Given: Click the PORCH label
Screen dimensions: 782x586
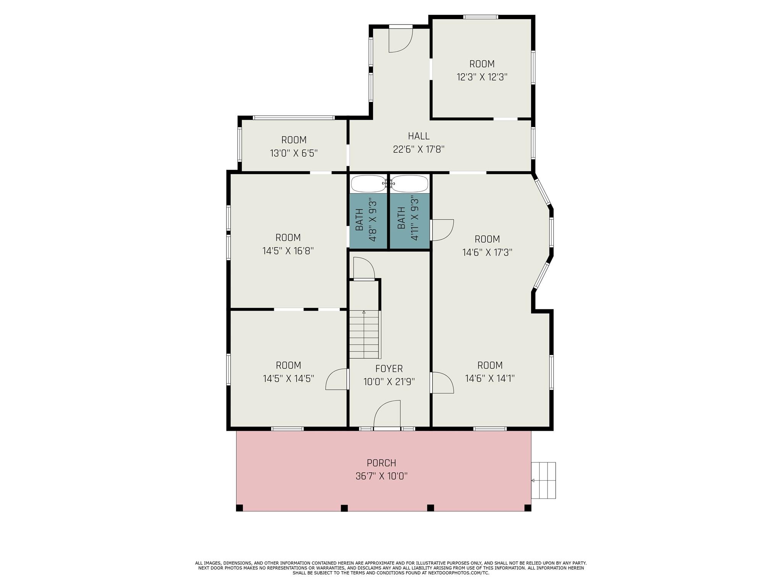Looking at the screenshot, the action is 381,463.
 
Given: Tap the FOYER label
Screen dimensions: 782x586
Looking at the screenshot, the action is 389,369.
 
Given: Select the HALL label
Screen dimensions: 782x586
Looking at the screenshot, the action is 418,136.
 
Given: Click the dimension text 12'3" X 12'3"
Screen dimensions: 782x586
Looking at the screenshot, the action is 482,77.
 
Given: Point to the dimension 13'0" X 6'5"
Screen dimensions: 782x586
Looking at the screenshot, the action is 294,153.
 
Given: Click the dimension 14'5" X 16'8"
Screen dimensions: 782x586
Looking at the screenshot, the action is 288,251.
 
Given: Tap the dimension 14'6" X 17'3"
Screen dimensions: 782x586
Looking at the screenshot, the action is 487,252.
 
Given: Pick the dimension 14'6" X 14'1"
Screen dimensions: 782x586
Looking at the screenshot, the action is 490,378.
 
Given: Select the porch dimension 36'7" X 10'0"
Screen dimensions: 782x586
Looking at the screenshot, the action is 381,476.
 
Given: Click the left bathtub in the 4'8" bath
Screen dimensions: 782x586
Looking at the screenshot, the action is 368,184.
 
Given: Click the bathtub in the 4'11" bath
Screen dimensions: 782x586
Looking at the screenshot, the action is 409,184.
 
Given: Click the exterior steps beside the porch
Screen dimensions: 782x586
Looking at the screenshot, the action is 543,480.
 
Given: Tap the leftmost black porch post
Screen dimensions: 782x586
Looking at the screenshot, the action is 239,508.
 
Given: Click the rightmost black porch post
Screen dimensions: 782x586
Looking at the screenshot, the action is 528,508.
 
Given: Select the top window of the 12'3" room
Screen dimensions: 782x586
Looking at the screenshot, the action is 481,17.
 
